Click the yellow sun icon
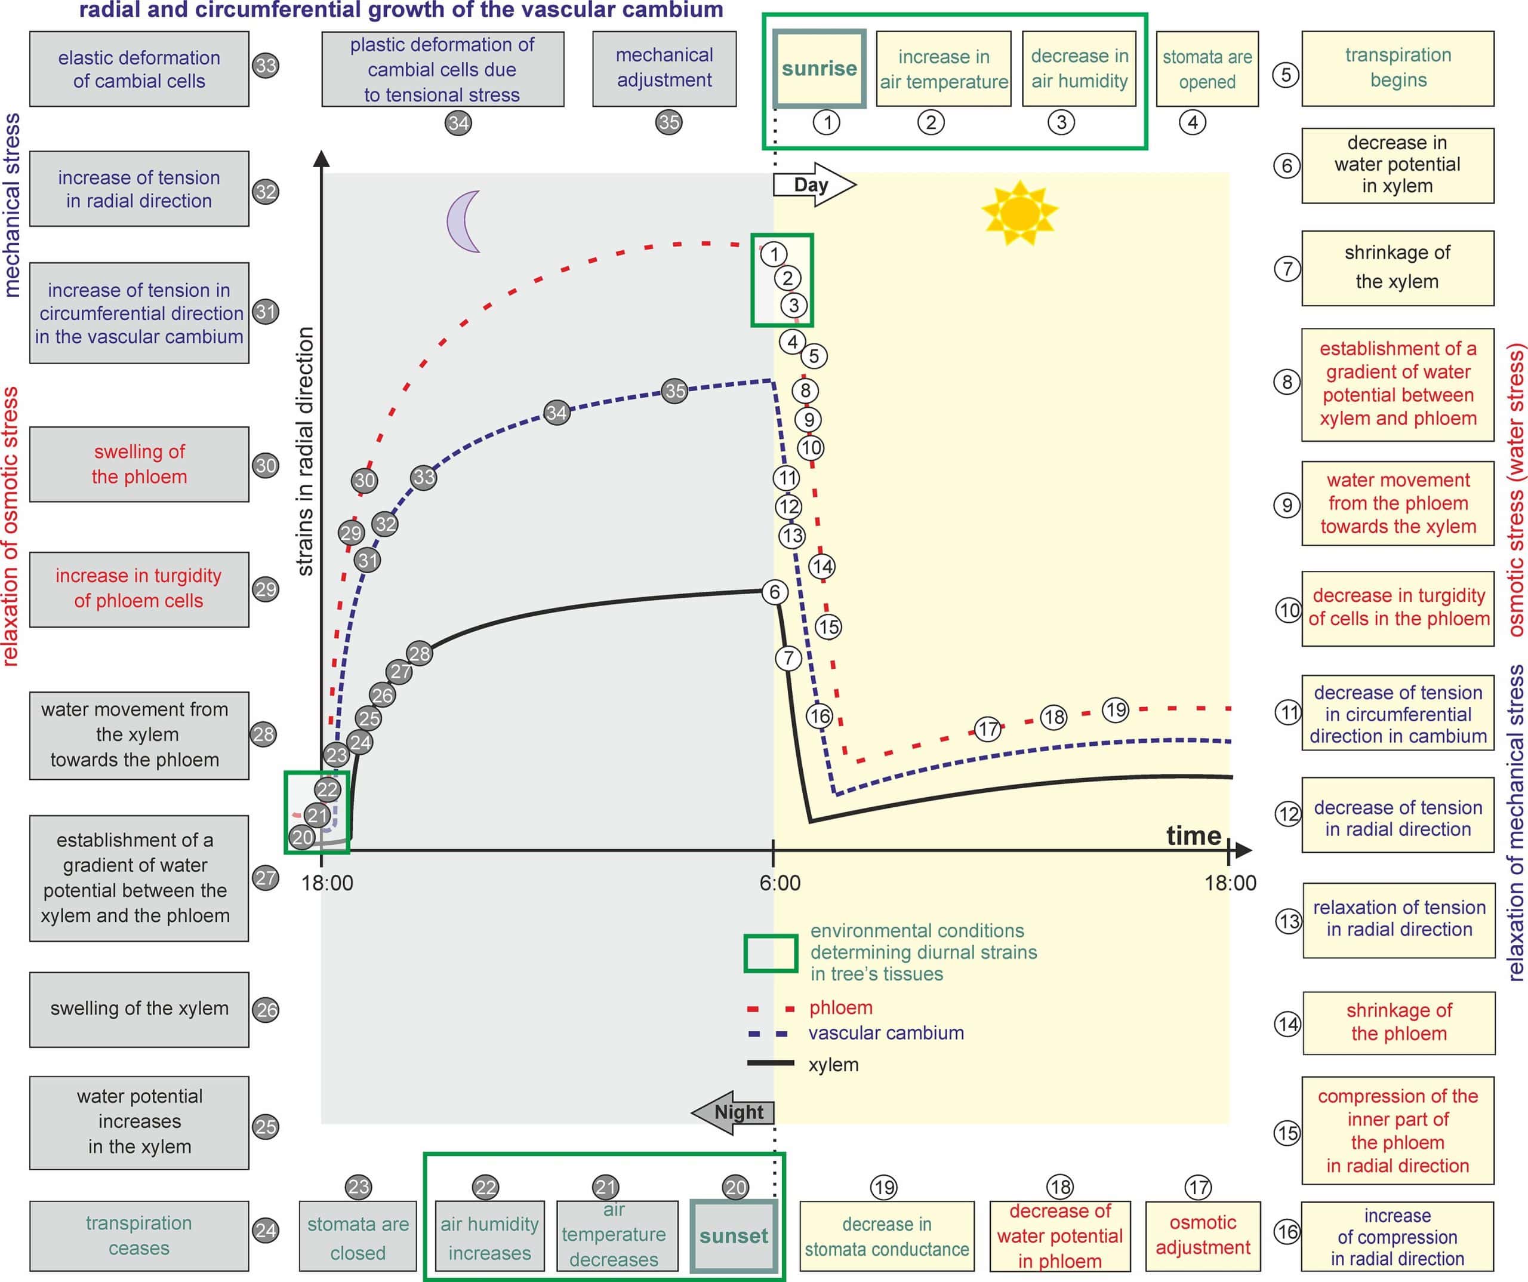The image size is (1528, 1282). [1019, 213]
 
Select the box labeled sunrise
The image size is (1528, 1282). [820, 69]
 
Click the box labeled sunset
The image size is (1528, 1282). [734, 1235]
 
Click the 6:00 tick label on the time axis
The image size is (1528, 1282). [780, 883]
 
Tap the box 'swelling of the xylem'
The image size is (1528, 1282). [139, 1009]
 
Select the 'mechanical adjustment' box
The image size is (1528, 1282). [664, 69]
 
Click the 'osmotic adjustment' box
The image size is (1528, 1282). [1203, 1235]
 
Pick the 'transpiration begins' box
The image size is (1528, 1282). [1397, 69]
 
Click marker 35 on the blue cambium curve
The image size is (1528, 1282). [674, 391]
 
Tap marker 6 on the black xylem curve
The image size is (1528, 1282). [774, 592]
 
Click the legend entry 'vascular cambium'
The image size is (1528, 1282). [886, 1033]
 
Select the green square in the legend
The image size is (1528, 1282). [771, 953]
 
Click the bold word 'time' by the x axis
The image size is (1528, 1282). [1193, 836]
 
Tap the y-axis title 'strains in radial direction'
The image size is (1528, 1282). [306, 451]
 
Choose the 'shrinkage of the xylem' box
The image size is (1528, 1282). [1397, 268]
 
